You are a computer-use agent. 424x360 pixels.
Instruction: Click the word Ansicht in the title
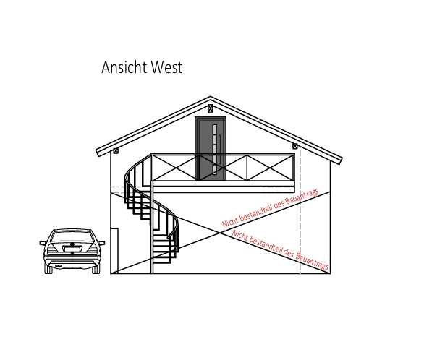point(124,67)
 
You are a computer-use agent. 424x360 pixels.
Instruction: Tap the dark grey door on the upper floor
point(211,148)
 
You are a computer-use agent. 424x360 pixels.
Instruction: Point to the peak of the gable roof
point(211,97)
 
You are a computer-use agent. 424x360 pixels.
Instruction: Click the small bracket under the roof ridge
point(211,108)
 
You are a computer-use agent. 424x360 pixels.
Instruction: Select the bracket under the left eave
point(116,151)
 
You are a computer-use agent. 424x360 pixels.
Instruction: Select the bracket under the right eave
point(295,146)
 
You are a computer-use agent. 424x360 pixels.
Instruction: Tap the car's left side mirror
point(43,243)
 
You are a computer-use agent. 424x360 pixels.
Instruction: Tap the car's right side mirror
point(102,243)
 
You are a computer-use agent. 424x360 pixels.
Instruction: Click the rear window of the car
point(72,236)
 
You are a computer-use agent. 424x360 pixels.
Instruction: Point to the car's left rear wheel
point(48,269)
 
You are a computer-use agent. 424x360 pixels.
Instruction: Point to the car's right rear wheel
point(96,269)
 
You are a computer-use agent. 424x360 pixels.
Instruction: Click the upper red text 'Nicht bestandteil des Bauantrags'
point(271,208)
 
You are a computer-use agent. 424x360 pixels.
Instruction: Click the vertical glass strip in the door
point(215,148)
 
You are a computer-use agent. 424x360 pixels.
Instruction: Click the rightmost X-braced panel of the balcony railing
point(271,168)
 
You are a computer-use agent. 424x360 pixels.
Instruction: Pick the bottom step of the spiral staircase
point(161,262)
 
